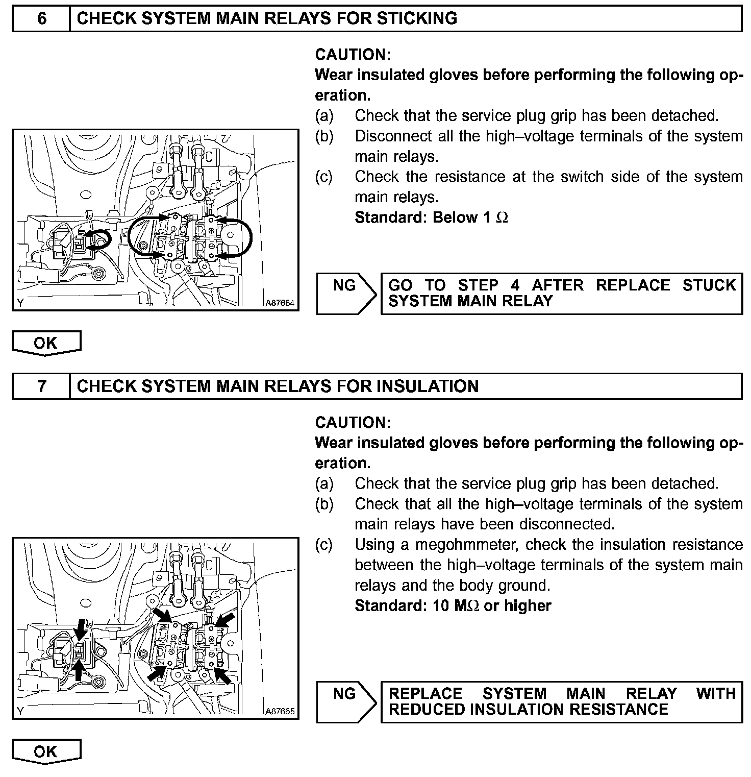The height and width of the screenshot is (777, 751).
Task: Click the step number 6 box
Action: click(x=41, y=18)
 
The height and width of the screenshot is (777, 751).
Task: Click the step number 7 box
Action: click(x=41, y=386)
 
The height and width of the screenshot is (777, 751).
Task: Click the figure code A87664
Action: click(x=280, y=303)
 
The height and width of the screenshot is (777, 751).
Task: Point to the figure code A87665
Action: click(x=280, y=711)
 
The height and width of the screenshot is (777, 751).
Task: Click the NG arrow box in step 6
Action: click(x=345, y=293)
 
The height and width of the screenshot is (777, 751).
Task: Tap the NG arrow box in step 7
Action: click(x=345, y=701)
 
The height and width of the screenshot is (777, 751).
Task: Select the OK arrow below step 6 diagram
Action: click(x=46, y=343)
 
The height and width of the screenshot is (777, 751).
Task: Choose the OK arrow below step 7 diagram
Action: click(x=46, y=751)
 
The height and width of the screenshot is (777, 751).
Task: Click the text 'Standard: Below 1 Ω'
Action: click(x=431, y=217)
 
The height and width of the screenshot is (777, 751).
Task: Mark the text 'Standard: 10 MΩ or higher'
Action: click(x=453, y=606)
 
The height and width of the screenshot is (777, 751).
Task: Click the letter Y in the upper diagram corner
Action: click(x=20, y=303)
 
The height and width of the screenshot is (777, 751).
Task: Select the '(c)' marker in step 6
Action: click(x=324, y=177)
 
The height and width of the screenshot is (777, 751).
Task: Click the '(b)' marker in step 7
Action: click(x=324, y=504)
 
